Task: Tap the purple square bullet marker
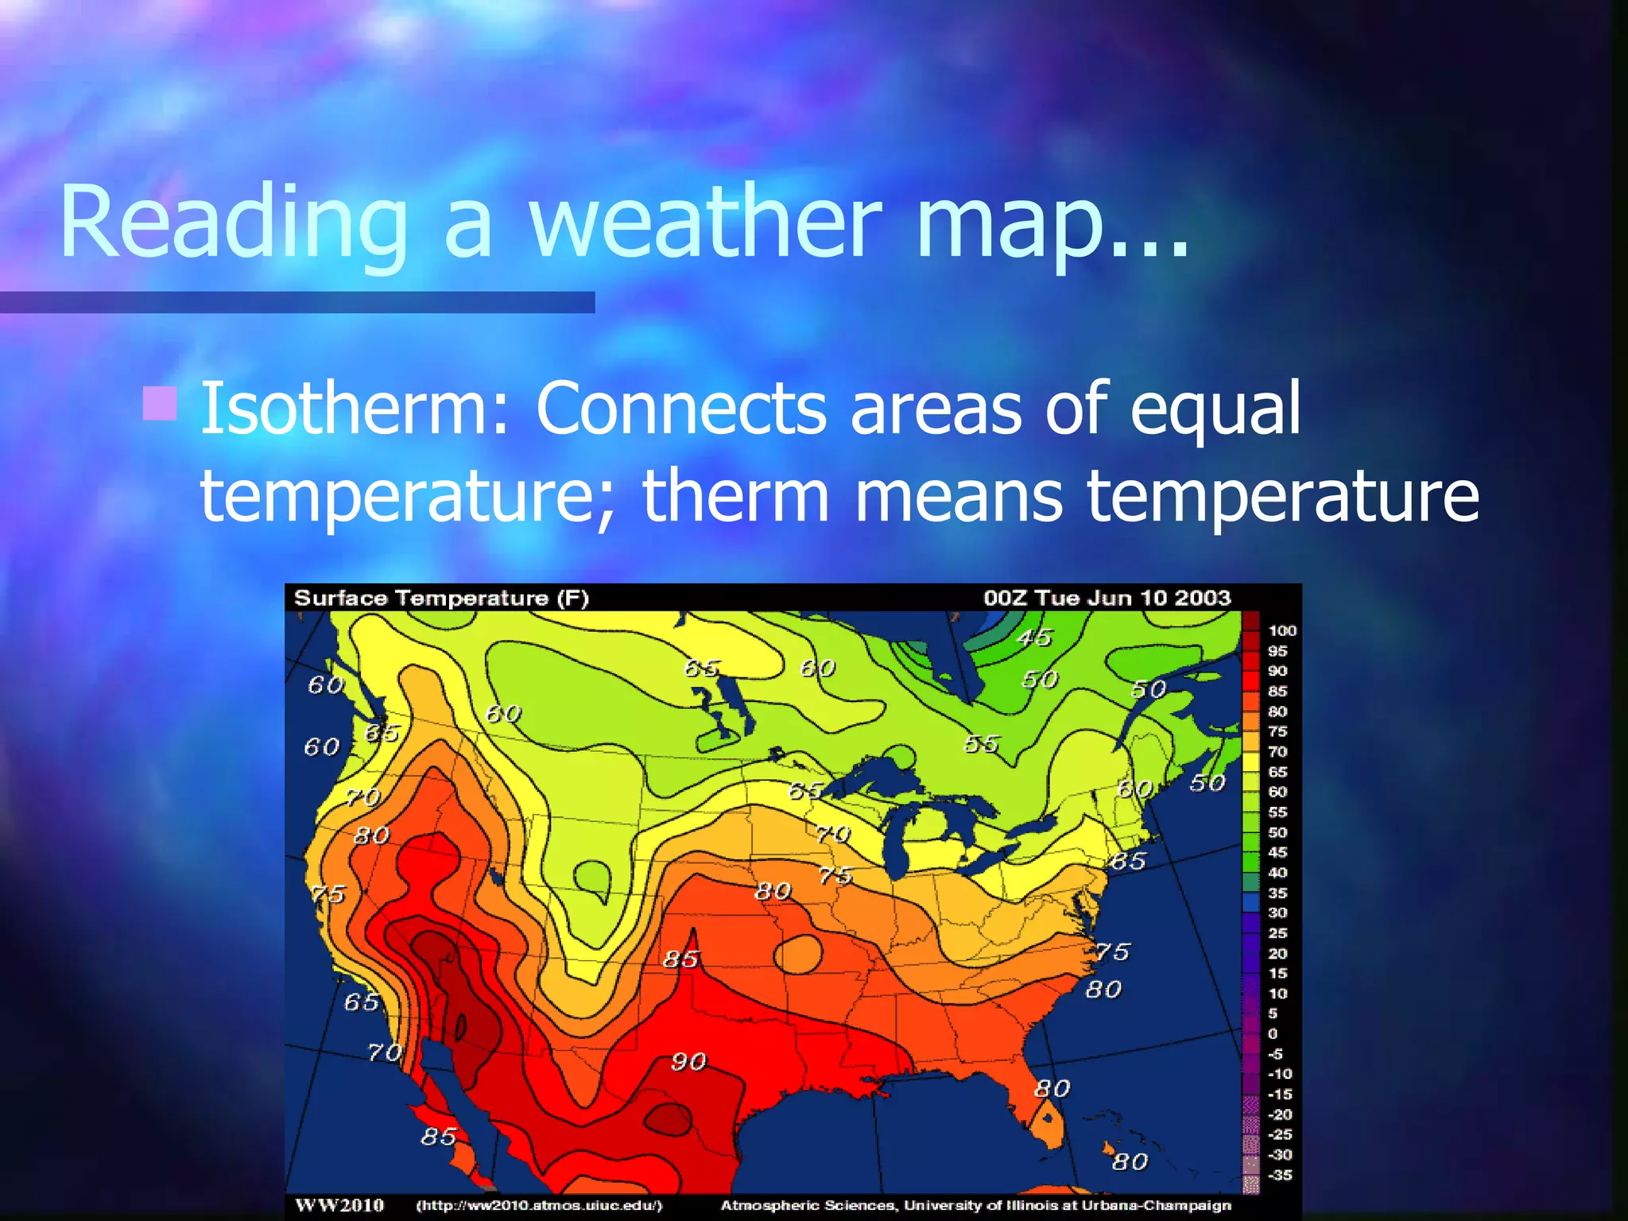point(160,403)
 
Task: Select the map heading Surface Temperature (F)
point(441,598)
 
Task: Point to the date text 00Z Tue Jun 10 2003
point(1107,598)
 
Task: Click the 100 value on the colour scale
point(1281,630)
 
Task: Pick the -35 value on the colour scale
point(1280,1175)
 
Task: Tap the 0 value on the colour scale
point(1273,1033)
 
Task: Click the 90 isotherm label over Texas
point(688,1061)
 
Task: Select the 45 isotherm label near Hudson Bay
point(1034,638)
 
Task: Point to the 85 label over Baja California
point(439,1137)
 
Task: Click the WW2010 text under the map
point(339,1206)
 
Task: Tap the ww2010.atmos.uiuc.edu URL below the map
point(539,1206)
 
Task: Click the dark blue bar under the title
point(297,302)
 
